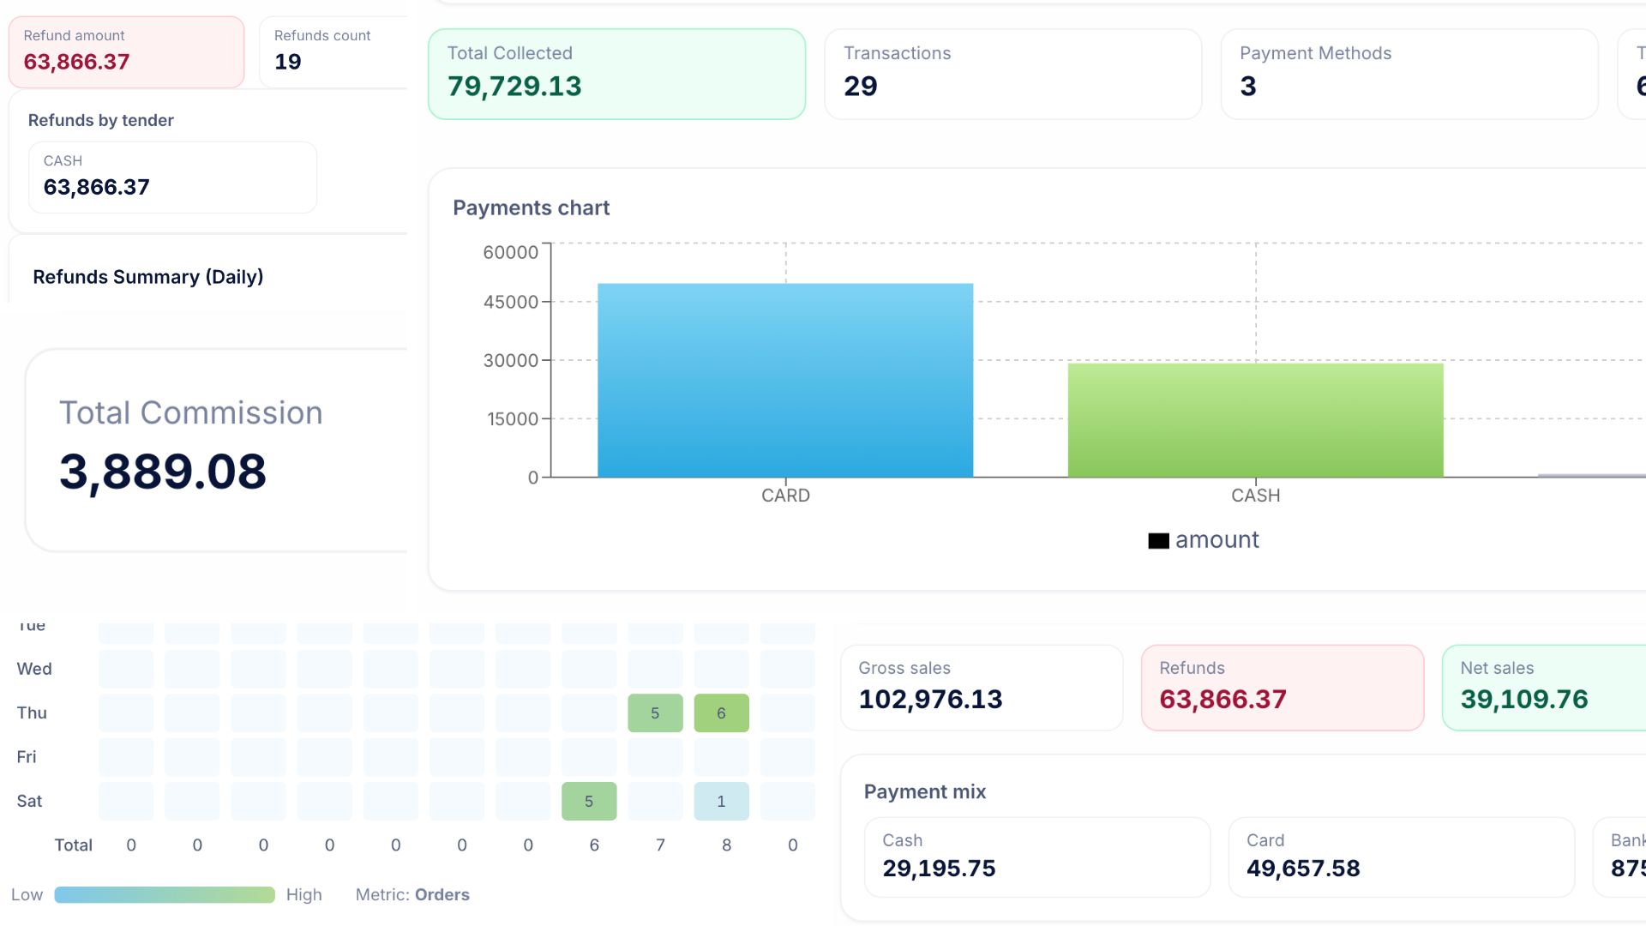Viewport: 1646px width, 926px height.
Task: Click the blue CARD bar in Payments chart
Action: tap(784, 381)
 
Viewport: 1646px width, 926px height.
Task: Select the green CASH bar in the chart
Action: tap(1255, 420)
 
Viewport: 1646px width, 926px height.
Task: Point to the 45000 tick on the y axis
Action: tap(511, 302)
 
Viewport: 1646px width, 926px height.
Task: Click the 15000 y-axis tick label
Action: tap(513, 419)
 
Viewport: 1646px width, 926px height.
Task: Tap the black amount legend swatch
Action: tap(1158, 541)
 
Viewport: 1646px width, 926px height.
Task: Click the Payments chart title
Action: tap(531, 208)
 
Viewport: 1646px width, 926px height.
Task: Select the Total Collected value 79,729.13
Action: tap(514, 87)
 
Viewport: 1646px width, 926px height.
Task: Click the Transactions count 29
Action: tap(860, 87)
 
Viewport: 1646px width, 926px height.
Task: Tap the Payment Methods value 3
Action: tap(1247, 87)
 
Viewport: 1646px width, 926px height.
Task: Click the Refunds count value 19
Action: tap(287, 62)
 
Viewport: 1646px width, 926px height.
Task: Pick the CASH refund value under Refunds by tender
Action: tap(97, 187)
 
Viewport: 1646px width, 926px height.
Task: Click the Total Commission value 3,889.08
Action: tap(163, 472)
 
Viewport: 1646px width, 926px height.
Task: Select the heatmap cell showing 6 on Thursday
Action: tap(721, 713)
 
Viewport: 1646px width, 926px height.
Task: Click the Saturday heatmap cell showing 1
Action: tap(721, 802)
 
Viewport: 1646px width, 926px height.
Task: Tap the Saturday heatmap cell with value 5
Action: tap(589, 802)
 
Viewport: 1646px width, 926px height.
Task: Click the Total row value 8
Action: tap(726, 845)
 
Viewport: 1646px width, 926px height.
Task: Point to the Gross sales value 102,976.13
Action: tap(930, 700)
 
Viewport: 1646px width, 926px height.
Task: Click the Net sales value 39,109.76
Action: tap(1523, 700)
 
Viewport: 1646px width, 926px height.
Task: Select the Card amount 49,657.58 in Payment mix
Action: tap(1303, 869)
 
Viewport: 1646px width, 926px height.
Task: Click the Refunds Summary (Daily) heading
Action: tap(147, 277)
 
